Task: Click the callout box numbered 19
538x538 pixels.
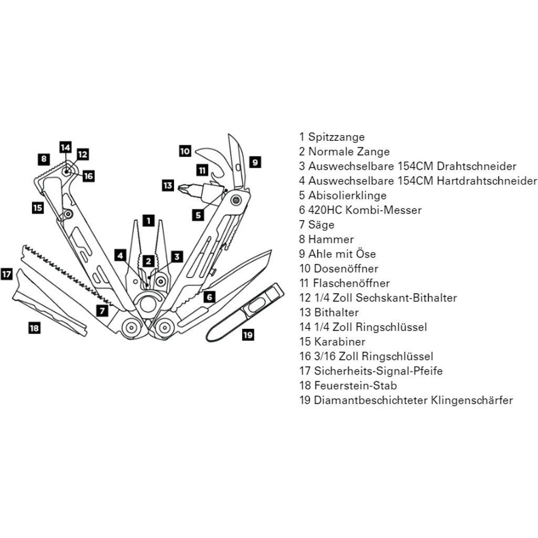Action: [248, 334]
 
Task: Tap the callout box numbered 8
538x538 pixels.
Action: [44, 158]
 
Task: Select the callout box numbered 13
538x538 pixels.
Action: [168, 185]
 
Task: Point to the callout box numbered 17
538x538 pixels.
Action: [6, 274]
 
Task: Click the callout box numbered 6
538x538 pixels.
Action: [209, 297]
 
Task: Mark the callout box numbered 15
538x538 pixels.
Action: [37, 208]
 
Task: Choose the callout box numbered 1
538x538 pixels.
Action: [149, 221]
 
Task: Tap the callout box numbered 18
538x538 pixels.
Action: [34, 328]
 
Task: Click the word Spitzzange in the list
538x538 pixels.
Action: [336, 137]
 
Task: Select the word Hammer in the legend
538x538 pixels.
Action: [331, 240]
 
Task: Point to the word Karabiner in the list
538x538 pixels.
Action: [339, 342]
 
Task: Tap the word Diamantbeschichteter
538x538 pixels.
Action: [370, 400]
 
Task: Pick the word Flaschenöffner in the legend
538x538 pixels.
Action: [351, 283]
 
